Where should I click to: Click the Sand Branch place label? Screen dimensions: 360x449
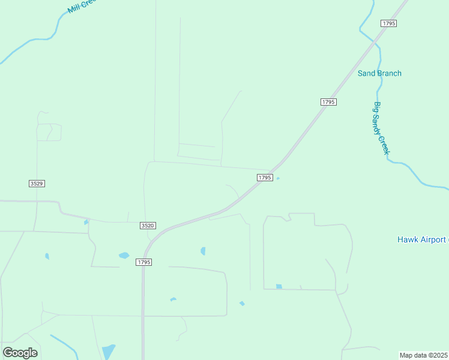[x=379, y=73]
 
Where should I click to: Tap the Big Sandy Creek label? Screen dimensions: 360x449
[x=382, y=128]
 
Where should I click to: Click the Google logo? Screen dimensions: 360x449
[x=20, y=353]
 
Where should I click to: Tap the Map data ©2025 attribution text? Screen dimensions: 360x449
[x=424, y=355]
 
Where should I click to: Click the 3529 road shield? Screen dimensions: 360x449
[x=37, y=183]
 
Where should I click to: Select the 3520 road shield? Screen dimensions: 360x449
[x=148, y=225]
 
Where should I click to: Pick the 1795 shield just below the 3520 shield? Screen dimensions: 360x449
[x=143, y=262]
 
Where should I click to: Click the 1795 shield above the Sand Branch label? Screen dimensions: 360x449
[x=388, y=23]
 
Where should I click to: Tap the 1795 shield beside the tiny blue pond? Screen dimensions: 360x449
[x=265, y=178]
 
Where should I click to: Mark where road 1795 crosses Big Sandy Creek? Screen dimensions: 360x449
[x=376, y=43]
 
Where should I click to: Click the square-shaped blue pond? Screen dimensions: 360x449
[x=279, y=286]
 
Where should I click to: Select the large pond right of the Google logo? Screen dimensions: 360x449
[x=109, y=352]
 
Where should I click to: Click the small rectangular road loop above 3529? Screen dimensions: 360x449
[x=49, y=132]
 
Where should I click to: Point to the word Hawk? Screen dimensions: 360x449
[x=406, y=239]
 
